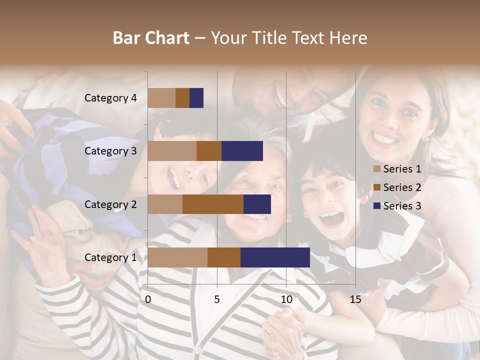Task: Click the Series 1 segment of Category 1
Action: tap(177, 257)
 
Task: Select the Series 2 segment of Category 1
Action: tap(224, 257)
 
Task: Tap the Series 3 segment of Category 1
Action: tap(275, 257)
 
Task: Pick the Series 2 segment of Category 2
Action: tap(213, 204)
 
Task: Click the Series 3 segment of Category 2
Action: tap(257, 204)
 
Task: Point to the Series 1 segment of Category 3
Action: tap(172, 151)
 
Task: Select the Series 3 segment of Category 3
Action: tap(242, 151)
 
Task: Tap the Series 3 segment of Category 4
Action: tap(196, 98)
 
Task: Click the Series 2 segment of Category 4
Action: tap(182, 98)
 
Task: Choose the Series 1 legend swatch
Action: tap(377, 169)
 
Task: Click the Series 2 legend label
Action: tap(402, 187)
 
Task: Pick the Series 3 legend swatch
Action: tap(377, 206)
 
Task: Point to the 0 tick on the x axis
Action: tap(148, 299)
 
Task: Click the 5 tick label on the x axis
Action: tap(217, 299)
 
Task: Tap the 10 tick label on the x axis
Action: tap(286, 299)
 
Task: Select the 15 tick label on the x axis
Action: tap(355, 299)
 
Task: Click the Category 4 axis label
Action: tap(110, 98)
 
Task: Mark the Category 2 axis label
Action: tap(110, 204)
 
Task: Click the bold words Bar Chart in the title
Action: tap(151, 37)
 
